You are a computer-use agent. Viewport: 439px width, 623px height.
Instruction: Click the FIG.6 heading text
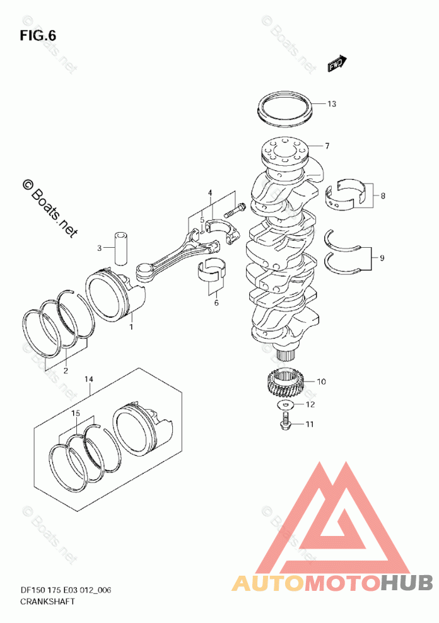click(38, 36)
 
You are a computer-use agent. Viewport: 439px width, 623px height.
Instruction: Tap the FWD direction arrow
click(337, 63)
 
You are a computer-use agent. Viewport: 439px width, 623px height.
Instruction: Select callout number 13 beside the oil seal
click(332, 104)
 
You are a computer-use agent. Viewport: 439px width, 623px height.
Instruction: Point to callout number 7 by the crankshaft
click(327, 146)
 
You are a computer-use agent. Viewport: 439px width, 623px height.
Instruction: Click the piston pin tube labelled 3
click(121, 248)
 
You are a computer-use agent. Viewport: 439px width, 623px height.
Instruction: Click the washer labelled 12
click(286, 404)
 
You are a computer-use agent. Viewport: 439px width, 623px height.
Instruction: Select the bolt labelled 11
click(285, 421)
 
